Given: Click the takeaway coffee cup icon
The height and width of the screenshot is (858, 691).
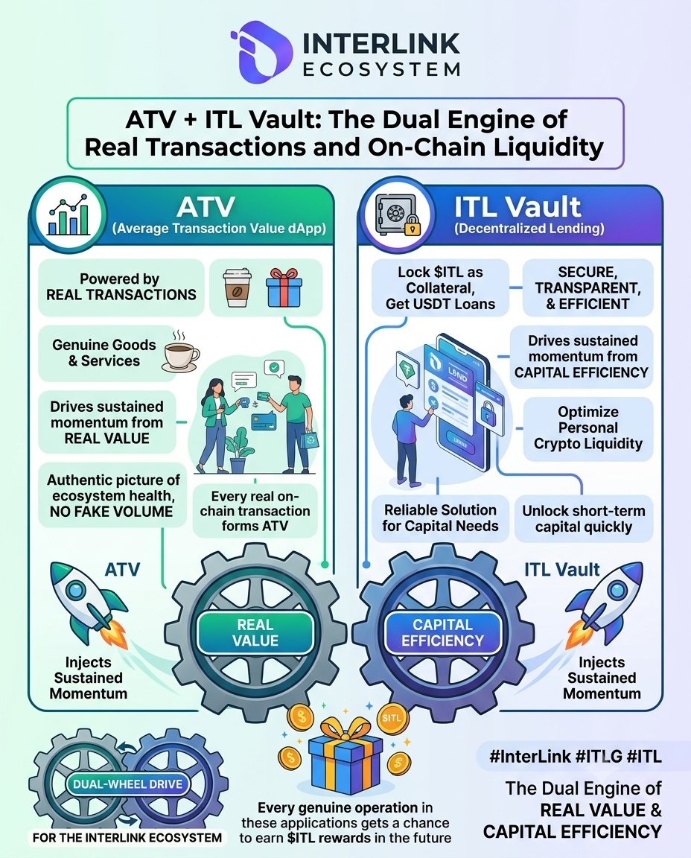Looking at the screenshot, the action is (238, 287).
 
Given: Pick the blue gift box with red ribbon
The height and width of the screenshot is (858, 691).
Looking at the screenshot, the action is (284, 287).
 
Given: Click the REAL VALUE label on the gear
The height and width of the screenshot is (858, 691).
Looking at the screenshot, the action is (255, 632).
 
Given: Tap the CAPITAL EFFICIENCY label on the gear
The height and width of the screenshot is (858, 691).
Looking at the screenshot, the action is (442, 632).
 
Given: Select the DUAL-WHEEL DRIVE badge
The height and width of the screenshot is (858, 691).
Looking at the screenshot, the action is (128, 784).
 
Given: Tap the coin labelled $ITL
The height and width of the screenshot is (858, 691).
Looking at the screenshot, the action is (392, 718).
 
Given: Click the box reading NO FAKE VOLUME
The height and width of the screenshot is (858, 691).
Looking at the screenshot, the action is (112, 496).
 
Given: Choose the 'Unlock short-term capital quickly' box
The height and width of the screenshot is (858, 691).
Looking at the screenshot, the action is (584, 518).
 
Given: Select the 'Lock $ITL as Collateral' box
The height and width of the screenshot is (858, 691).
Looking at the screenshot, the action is (440, 287).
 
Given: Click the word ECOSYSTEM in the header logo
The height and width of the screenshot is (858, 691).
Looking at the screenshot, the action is (381, 70).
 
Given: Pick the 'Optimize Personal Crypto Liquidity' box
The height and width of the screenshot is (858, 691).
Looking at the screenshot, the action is (588, 428).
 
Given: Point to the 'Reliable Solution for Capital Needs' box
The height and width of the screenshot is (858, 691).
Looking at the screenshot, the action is (440, 518).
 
